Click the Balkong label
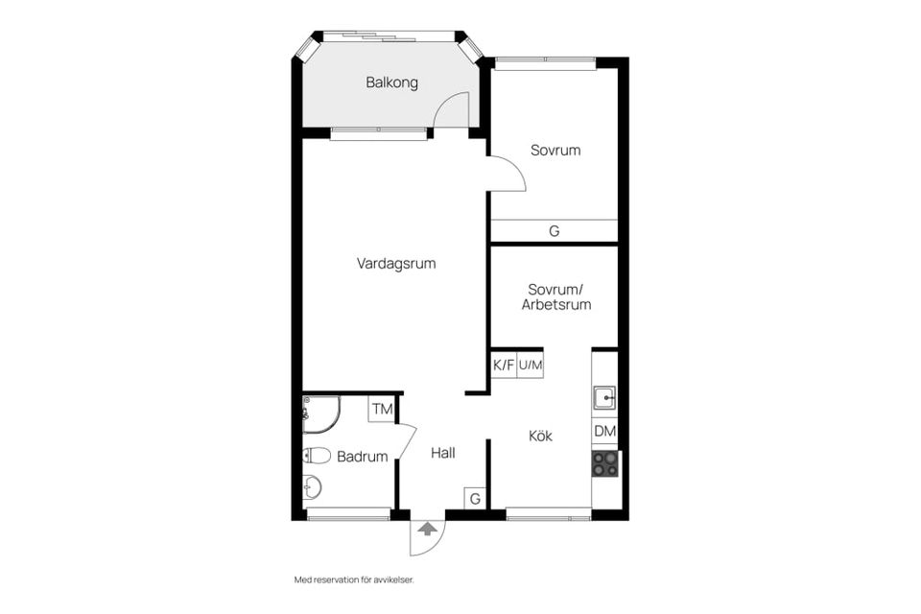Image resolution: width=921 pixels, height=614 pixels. tap(391, 83)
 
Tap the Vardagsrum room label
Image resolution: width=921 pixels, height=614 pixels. tap(396, 263)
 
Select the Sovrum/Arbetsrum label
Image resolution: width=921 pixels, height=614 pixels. tap(555, 296)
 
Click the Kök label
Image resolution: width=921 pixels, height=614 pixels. tap(540, 436)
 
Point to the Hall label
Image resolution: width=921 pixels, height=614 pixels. tap(442, 453)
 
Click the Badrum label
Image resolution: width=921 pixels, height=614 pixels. tap(362, 457)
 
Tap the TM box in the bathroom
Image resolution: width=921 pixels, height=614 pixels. tap(382, 410)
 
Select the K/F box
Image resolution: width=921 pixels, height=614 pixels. tap(504, 365)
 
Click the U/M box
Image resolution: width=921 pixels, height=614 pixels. tap(531, 365)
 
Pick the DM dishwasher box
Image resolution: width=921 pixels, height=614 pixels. tap(604, 432)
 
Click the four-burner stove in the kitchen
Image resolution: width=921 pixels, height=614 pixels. tap(604, 464)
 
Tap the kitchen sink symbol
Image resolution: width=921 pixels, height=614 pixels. tap(604, 397)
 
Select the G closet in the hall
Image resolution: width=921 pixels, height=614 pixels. tap(475, 499)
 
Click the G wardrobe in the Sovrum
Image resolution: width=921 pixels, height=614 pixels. tap(554, 231)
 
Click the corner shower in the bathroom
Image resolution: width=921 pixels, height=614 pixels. tap(319, 413)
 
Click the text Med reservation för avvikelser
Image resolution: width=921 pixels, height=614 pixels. tap(353, 580)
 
